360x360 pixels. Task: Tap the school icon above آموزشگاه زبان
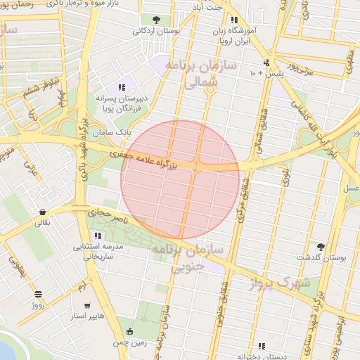233,20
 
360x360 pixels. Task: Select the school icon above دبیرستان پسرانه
122,87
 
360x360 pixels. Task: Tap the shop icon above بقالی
43,212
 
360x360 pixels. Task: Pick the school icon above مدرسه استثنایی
97,235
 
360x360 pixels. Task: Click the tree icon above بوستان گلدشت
321,246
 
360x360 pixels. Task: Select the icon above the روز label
38,294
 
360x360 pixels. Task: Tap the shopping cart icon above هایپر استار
86,306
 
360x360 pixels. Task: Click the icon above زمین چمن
131,330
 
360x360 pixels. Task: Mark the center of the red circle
180,180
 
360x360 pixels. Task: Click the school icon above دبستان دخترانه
262,345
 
